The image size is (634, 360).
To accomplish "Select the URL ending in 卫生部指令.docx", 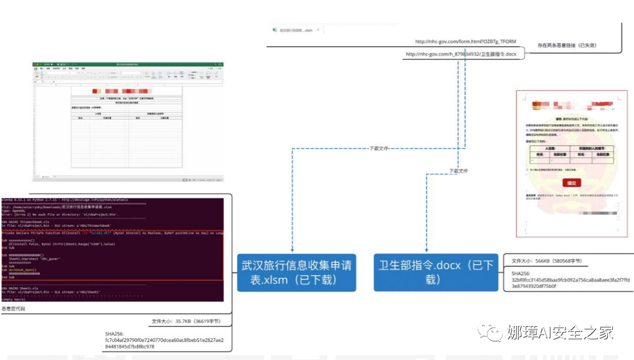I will tap(461, 55).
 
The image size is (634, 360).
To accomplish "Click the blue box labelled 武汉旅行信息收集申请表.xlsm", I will tap(296, 273).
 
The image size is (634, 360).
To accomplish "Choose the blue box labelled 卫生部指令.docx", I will tap(436, 272).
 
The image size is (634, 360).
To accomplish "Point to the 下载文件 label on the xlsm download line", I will tap(378, 148).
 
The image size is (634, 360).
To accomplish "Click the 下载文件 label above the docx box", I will tap(458, 170).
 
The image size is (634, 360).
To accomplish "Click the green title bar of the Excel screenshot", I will tap(128, 64).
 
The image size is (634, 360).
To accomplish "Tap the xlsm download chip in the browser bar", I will tap(296, 29).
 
